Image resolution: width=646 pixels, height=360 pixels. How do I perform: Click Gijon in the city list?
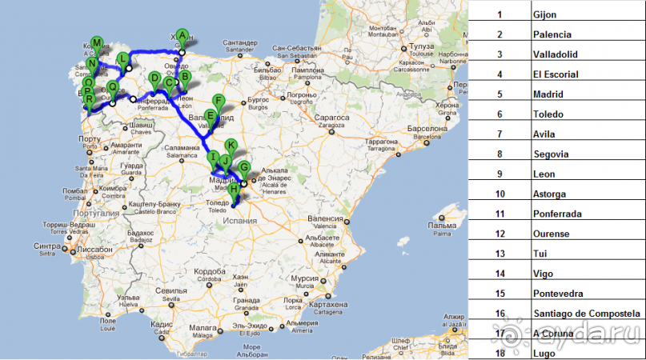click(x=544, y=14)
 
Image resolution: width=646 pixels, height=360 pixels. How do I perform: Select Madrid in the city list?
click(x=548, y=94)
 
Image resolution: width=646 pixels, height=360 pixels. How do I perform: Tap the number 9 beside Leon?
click(x=500, y=174)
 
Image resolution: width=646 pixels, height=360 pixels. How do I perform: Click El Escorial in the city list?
click(x=556, y=74)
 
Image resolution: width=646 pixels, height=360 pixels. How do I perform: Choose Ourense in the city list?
click(x=551, y=234)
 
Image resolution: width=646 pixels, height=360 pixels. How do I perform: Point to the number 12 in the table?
click(x=500, y=234)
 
